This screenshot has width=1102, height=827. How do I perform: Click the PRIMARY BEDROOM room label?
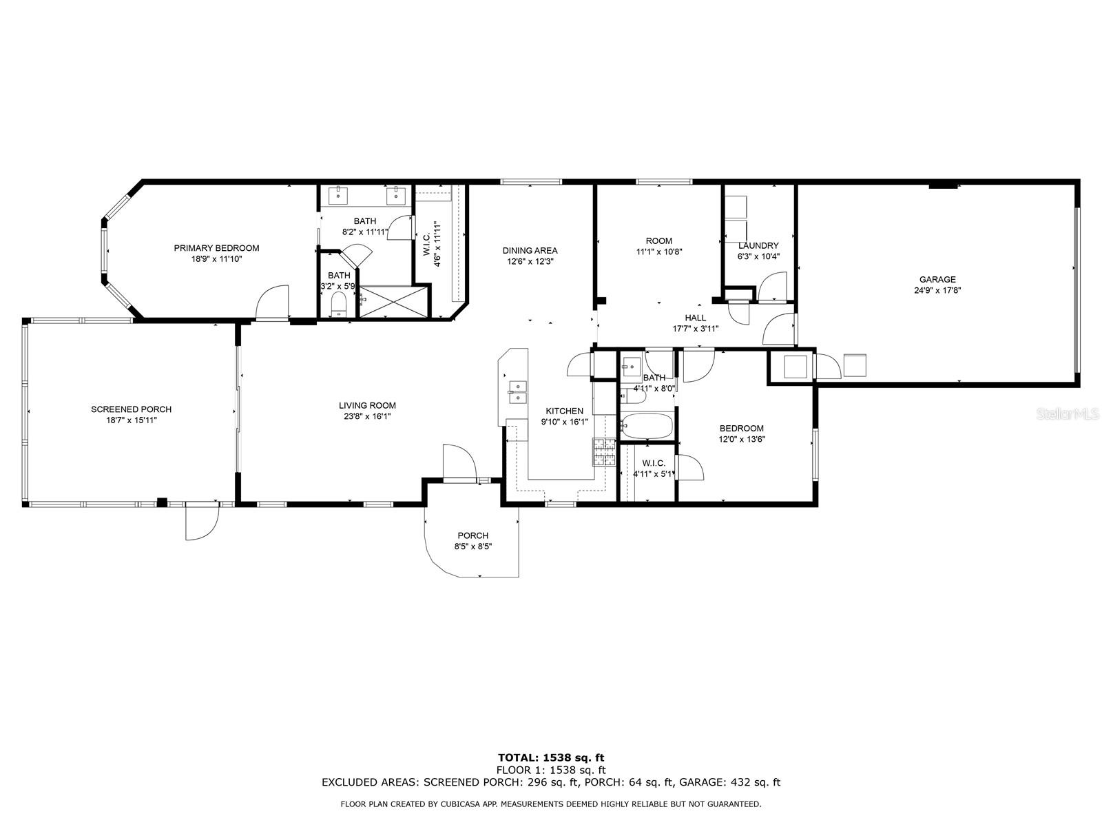[216, 248]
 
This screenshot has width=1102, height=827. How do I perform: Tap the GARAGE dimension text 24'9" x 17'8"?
[937, 290]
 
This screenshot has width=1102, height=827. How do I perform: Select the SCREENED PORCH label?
[131, 409]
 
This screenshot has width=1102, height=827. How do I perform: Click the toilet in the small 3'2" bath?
[338, 304]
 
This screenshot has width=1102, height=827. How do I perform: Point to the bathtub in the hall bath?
[646, 426]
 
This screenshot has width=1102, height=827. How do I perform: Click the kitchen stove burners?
[603, 452]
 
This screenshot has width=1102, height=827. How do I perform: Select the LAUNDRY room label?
[758, 245]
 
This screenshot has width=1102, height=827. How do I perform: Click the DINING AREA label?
[530, 251]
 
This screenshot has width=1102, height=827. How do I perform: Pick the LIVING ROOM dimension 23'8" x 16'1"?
[367, 416]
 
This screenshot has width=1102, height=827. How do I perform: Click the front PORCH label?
[472, 535]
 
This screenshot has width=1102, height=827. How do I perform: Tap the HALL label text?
[695, 318]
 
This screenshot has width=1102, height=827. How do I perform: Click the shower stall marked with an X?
[393, 302]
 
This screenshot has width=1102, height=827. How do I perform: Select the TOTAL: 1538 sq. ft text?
[551, 757]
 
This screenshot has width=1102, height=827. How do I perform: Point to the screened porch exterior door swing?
[202, 524]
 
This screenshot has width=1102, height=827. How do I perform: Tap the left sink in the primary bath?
[339, 195]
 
